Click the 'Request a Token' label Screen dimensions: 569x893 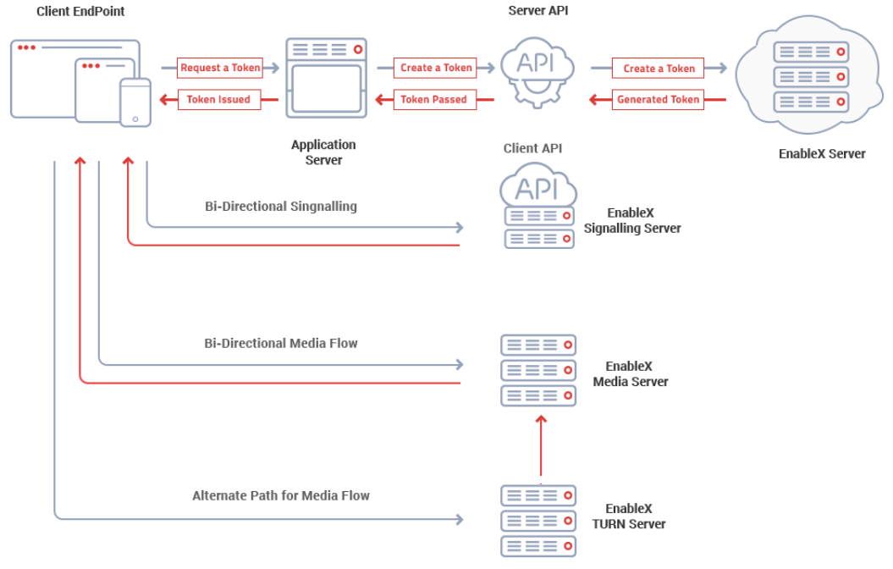(x=219, y=68)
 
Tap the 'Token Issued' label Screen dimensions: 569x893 (x=218, y=99)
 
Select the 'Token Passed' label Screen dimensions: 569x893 (x=433, y=99)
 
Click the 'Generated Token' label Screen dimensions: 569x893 (x=658, y=99)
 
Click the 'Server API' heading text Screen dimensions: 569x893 (x=537, y=11)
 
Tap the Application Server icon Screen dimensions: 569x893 (x=326, y=77)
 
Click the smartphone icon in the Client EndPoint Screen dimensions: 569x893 (x=135, y=102)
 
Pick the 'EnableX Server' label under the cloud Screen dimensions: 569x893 (x=821, y=154)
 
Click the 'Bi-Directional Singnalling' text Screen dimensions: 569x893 (x=280, y=206)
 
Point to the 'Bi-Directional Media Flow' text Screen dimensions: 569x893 (x=280, y=343)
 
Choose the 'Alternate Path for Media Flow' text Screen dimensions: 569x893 (x=280, y=495)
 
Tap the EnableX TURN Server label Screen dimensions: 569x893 (x=629, y=517)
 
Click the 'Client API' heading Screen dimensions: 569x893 (x=532, y=148)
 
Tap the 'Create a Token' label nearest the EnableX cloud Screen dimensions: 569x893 (x=659, y=68)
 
